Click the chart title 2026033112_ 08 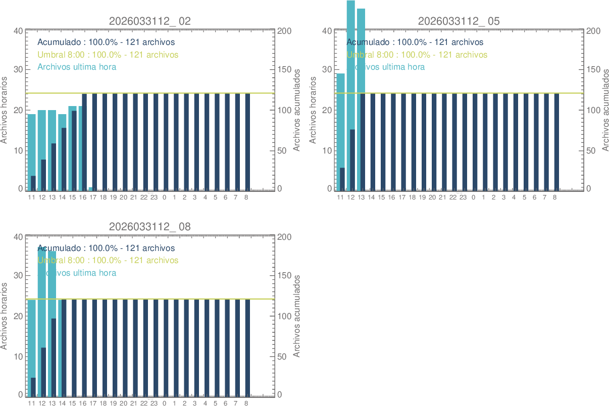(x=150, y=227)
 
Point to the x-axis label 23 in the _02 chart (x=154, y=197)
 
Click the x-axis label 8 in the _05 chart (x=554, y=197)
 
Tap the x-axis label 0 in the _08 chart (x=164, y=403)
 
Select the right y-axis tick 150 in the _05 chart (x=594, y=70)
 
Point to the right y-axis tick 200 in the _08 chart (x=285, y=237)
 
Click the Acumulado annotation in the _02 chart (x=106, y=42)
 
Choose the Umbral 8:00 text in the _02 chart (x=108, y=55)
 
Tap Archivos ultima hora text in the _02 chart (x=77, y=67)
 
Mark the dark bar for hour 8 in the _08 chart (x=247, y=347)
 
